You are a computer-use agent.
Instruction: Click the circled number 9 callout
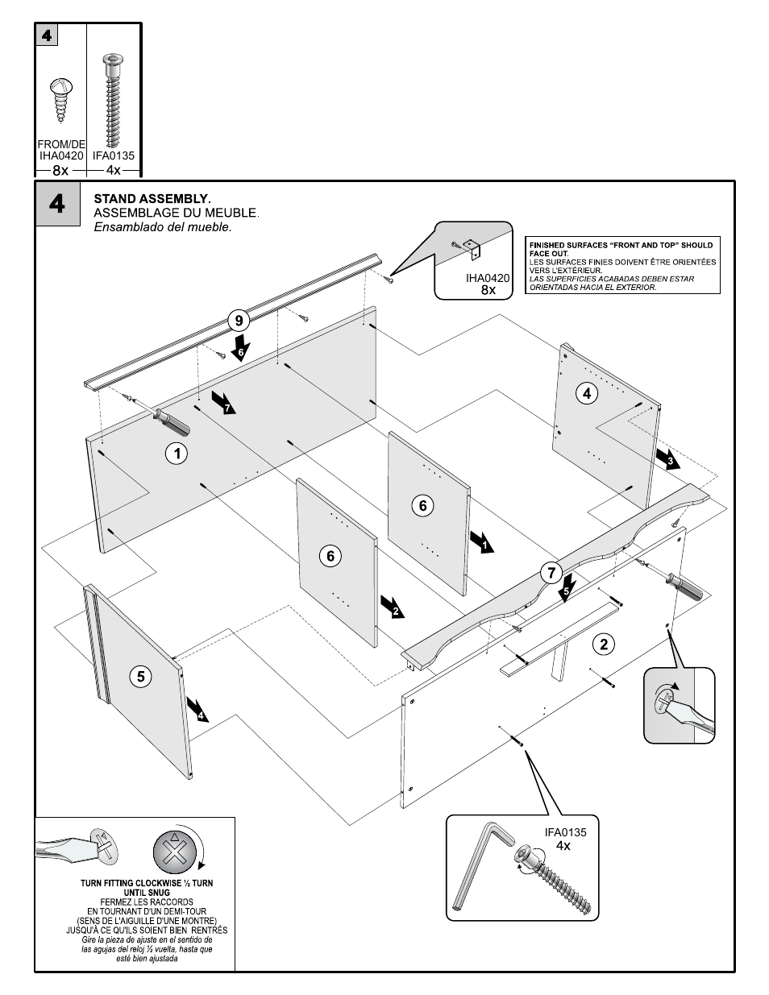[239, 321]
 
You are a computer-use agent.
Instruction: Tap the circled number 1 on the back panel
[177, 454]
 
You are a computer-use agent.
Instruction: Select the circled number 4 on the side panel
[587, 393]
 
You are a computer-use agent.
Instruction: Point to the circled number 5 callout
[140, 676]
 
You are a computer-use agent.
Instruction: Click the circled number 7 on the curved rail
[551, 574]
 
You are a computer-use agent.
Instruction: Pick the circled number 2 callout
[603, 643]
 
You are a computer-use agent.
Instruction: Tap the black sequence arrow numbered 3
[667, 458]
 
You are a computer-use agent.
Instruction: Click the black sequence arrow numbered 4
[197, 709]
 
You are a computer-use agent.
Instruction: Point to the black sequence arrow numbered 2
[393, 607]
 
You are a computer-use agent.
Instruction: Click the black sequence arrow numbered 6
[240, 348]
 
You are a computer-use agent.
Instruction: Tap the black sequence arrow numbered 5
[567, 586]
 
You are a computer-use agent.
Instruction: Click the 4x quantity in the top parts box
[114, 170]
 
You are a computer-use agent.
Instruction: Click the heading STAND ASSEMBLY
[152, 198]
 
